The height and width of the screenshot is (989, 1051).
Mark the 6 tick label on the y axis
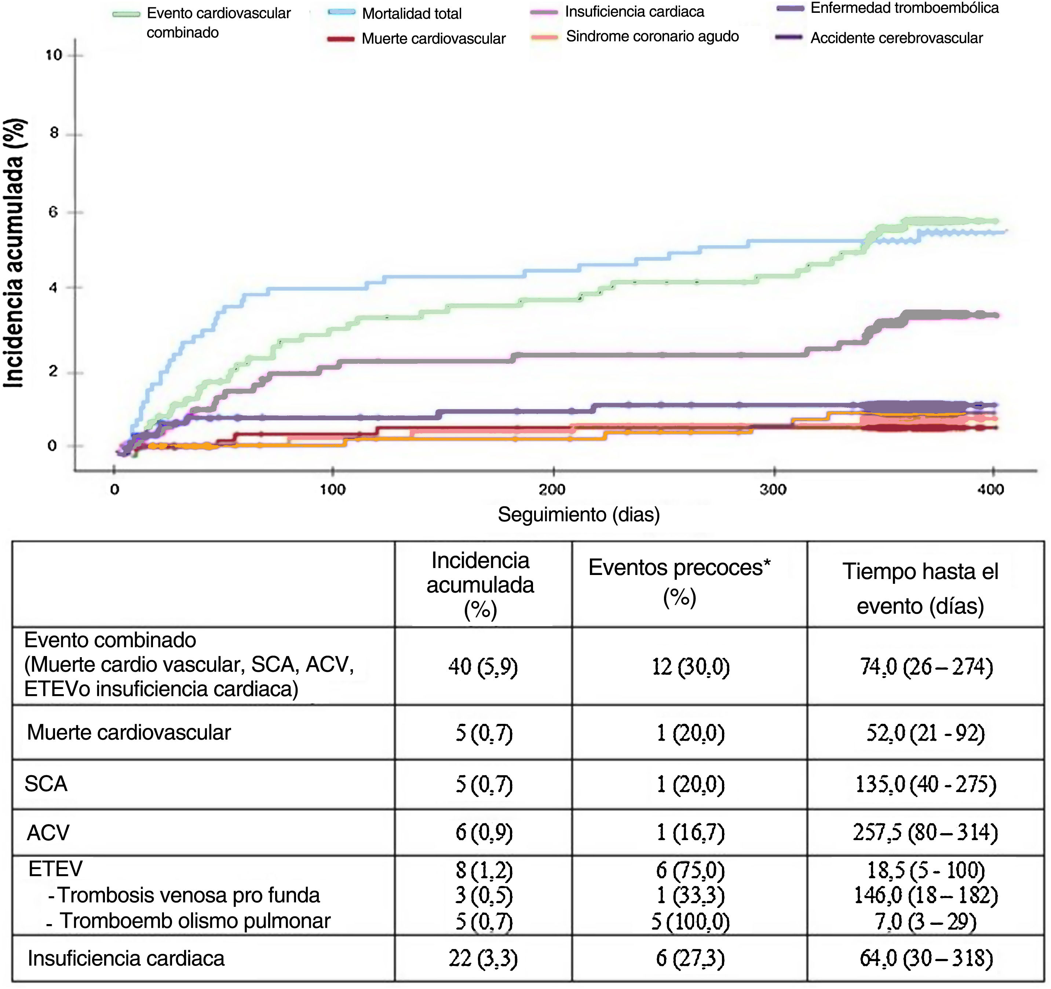53,212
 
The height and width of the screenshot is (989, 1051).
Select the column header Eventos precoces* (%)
679,582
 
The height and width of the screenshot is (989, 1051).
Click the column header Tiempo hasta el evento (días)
920,588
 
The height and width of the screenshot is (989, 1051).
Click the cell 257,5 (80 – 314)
925,832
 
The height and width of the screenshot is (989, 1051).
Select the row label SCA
46,783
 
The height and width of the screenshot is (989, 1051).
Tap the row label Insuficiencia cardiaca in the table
126,958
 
